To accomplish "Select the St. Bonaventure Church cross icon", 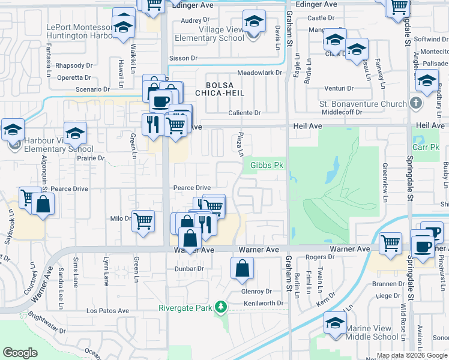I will (415, 103).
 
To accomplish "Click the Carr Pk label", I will (426, 147).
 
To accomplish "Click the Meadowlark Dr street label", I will (259, 73).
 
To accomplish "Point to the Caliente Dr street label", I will (244, 113).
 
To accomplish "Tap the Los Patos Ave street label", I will (107, 311).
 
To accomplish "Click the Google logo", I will (20, 353).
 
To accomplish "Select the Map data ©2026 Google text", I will (411, 355).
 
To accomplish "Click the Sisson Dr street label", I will (183, 59).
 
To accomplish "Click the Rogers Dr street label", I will (319, 257).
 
